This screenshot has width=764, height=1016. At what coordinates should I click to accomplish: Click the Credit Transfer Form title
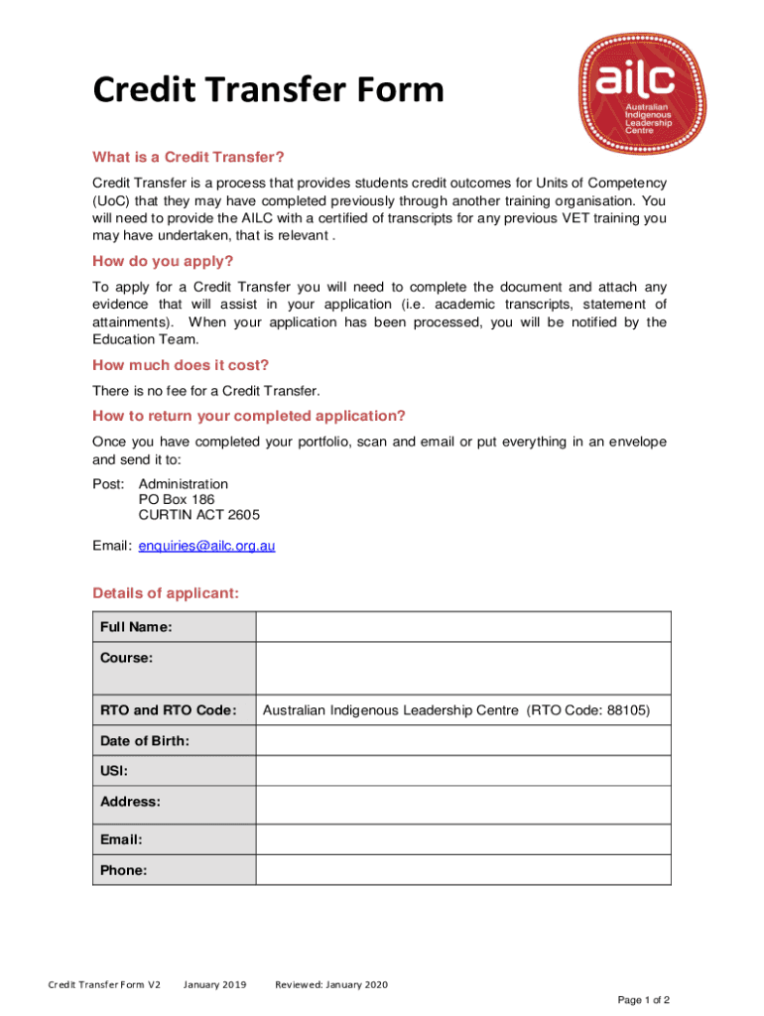(x=268, y=91)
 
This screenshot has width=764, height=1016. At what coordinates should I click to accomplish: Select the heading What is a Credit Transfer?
(x=189, y=157)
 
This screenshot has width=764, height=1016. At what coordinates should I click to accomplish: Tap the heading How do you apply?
(x=163, y=261)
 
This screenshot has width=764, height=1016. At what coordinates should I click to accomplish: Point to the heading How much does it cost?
(x=181, y=364)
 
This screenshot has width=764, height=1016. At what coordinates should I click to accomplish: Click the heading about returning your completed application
(x=249, y=415)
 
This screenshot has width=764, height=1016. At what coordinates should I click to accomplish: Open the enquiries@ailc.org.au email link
(x=206, y=545)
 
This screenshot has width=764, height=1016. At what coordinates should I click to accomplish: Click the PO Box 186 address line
(x=177, y=500)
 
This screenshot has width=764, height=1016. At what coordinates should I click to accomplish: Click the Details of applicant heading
(x=166, y=593)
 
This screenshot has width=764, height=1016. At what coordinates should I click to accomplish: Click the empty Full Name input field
(x=462, y=627)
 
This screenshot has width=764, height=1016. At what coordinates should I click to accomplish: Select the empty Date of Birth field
(x=462, y=741)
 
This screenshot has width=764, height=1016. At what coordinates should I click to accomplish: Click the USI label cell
(x=174, y=771)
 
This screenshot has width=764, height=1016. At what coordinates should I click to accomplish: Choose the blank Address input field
(x=462, y=801)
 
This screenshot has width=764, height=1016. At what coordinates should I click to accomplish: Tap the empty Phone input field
(x=462, y=870)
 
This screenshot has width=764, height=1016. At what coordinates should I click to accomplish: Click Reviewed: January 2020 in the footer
(x=331, y=984)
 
